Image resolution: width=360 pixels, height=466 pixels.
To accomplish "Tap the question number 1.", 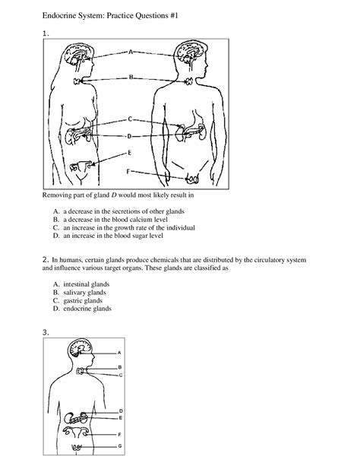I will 46,33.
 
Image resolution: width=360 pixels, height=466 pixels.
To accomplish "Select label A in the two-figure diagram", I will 131,52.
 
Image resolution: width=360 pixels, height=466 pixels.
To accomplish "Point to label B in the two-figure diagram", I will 131,77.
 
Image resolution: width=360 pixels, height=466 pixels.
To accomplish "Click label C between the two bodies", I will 130,119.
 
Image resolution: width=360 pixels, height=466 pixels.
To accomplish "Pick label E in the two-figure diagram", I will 130,151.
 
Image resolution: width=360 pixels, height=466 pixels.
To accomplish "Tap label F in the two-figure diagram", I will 128,171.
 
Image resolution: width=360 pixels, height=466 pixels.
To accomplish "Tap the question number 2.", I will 46,260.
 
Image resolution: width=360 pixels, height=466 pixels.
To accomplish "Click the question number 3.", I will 46,332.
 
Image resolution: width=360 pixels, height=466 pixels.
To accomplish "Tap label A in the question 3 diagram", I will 119,353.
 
